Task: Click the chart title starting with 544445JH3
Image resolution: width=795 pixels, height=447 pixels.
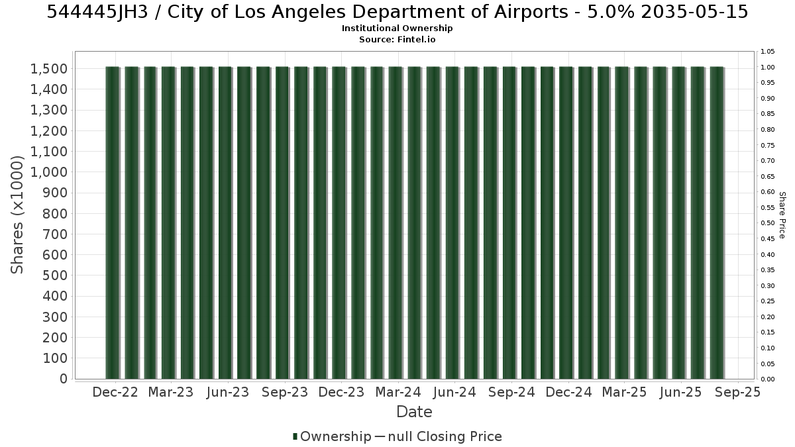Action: tap(397, 12)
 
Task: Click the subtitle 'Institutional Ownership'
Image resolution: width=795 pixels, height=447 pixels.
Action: tap(397, 28)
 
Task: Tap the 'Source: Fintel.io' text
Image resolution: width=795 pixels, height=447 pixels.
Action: tap(397, 39)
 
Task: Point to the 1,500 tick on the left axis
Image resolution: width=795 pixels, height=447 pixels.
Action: tap(49, 69)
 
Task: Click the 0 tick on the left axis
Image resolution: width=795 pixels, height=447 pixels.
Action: tap(64, 379)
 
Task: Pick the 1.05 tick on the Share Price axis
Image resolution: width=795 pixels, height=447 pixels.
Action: tap(767, 52)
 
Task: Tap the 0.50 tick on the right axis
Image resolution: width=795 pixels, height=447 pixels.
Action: tap(767, 223)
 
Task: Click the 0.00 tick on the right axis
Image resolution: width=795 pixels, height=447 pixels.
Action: tap(767, 379)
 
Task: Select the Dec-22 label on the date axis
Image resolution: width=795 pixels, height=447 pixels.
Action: tap(115, 392)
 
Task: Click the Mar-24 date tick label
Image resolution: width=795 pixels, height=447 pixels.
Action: tap(398, 392)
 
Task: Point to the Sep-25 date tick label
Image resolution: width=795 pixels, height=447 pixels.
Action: tap(738, 392)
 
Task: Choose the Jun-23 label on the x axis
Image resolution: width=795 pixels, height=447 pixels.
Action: tap(228, 392)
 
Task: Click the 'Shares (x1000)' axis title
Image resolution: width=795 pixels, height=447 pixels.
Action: tap(17, 215)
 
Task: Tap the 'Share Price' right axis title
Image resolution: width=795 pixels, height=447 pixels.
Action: tap(782, 215)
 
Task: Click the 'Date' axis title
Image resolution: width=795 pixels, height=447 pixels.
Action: tap(414, 412)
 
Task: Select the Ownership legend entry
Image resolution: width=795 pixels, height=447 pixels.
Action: tap(332, 436)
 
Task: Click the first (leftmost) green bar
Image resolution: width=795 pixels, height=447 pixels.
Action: tap(113, 223)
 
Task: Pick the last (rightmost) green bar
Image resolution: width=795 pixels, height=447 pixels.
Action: tap(717, 223)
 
